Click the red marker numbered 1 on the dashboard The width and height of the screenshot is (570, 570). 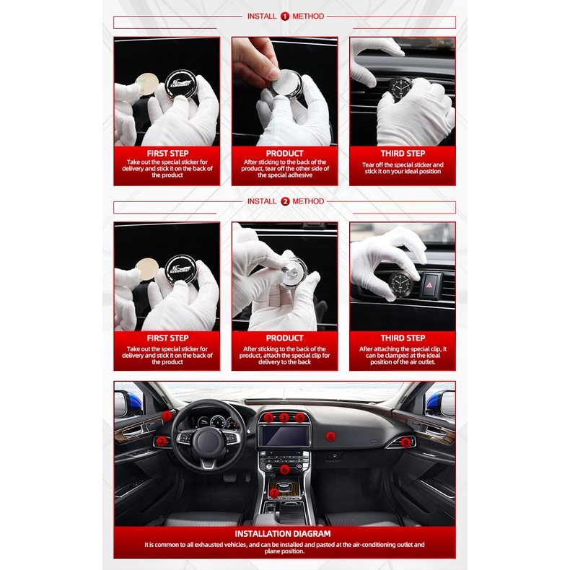[167, 416]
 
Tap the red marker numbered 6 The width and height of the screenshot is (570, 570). [284, 469]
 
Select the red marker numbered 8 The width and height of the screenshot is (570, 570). [330, 437]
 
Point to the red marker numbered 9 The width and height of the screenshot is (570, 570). [405, 442]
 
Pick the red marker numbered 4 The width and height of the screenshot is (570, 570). [284, 418]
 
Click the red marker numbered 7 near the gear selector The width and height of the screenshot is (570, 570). [273, 493]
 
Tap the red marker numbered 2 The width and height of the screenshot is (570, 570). [162, 442]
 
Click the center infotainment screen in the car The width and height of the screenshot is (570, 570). [284, 436]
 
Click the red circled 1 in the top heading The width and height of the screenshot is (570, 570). [284, 17]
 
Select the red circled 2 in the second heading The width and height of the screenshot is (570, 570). [285, 201]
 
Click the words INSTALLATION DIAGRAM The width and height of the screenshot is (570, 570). [283, 534]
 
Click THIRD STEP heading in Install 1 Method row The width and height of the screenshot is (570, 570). [403, 154]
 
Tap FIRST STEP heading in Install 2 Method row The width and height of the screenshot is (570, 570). [167, 338]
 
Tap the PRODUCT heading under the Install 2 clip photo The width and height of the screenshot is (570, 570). [284, 338]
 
